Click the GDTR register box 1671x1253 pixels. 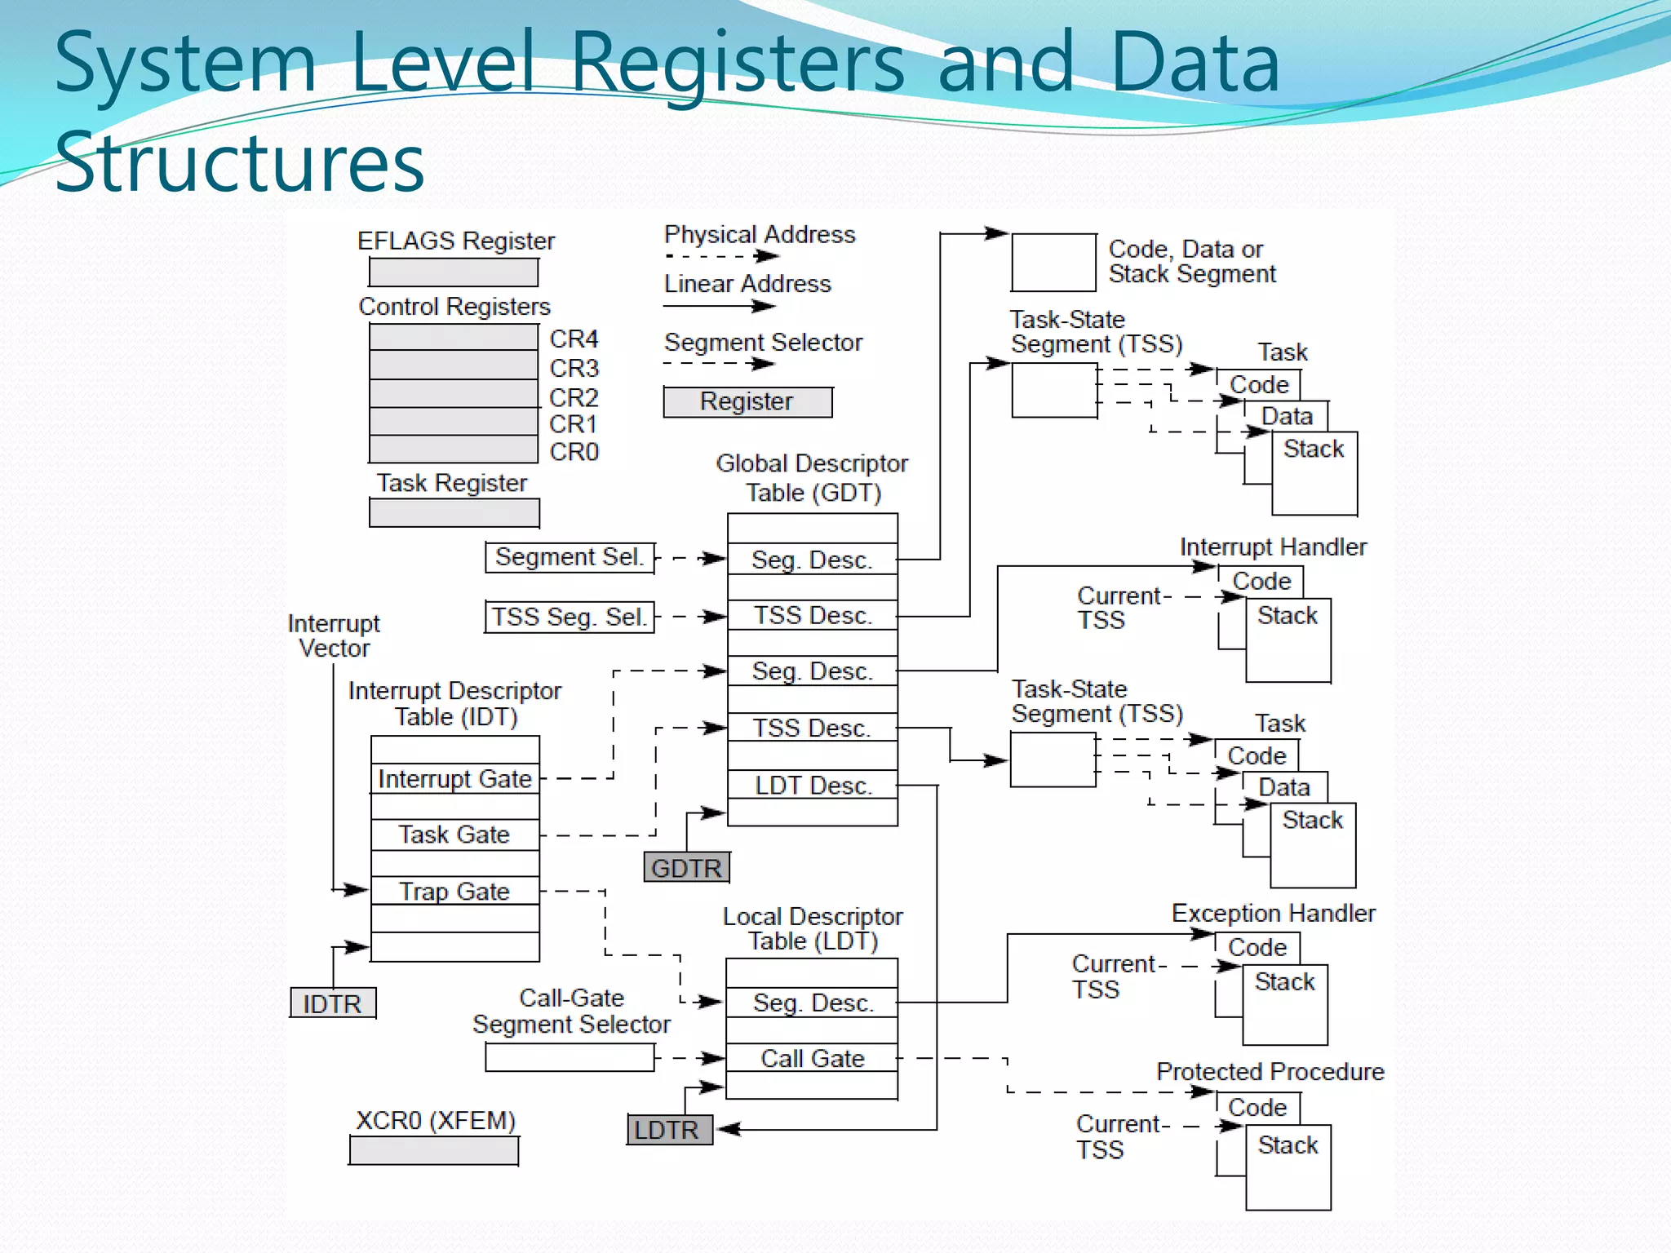tap(686, 867)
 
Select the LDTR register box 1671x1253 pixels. tap(669, 1130)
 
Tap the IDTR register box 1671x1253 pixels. tap(333, 1003)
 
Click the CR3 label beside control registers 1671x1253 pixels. tap(574, 368)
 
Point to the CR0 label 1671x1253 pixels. tap(574, 451)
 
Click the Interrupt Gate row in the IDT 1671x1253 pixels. tap(455, 778)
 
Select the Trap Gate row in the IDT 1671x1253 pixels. tap(455, 891)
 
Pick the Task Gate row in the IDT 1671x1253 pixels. tap(455, 835)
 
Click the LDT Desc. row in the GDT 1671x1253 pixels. tap(813, 785)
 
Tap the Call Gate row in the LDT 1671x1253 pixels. tap(813, 1058)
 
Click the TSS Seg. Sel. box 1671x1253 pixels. tap(570, 617)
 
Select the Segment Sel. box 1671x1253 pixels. tap(570, 557)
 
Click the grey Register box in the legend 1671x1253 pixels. tap(747, 401)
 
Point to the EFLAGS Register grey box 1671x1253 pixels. tap(454, 272)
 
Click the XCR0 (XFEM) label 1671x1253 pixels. tap(436, 1120)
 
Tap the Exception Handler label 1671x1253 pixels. tap(1273, 913)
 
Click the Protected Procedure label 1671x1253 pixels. tap(1270, 1071)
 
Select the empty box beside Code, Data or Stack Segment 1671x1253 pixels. tap(1053, 262)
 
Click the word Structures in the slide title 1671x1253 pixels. tap(239, 162)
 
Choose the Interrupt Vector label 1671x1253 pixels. tap(334, 635)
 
